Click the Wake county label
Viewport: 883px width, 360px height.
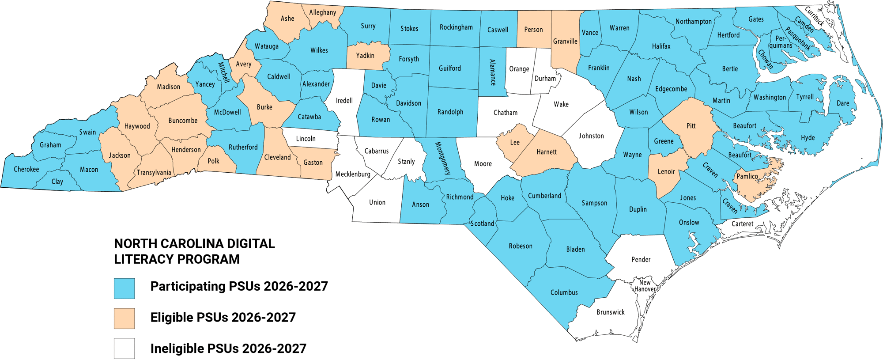(561, 104)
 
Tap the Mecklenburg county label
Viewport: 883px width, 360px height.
(353, 174)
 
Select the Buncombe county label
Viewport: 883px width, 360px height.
(183, 121)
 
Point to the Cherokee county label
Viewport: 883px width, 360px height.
(26, 169)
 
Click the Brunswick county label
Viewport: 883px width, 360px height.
(611, 312)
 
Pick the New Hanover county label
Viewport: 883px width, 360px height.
(645, 286)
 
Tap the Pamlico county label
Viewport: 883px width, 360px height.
(747, 176)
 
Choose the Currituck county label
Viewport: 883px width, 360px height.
(815, 17)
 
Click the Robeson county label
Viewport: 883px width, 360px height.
(521, 246)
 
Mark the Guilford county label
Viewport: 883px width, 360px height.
(450, 68)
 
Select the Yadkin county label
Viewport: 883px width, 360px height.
(365, 56)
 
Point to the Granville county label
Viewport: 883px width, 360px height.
(565, 41)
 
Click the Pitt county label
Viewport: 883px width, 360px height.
(691, 126)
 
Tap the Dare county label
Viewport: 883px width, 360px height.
(843, 103)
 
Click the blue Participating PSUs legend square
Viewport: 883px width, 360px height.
(124, 288)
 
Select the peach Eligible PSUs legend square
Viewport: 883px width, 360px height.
(124, 318)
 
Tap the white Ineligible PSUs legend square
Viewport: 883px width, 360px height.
(124, 349)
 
